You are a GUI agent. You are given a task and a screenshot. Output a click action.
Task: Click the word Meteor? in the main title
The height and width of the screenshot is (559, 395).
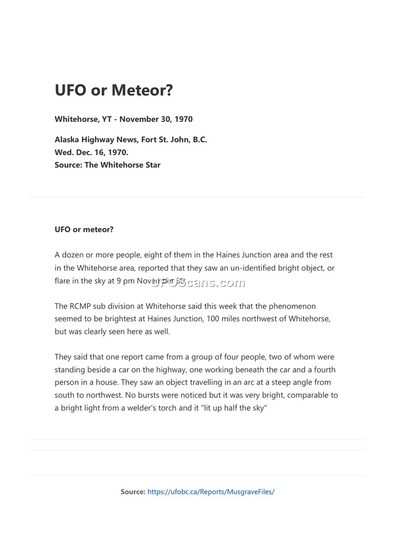pyautogui.click(x=143, y=90)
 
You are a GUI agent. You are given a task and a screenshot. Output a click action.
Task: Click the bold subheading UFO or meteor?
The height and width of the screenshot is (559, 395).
pyautogui.click(x=84, y=229)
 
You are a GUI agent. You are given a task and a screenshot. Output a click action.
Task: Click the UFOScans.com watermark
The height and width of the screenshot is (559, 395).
pyautogui.click(x=197, y=282)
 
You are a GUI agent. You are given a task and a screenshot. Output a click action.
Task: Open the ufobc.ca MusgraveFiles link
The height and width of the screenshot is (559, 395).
pyautogui.click(x=211, y=492)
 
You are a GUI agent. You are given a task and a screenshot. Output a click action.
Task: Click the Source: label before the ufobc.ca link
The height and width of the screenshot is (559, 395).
pyautogui.click(x=133, y=492)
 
